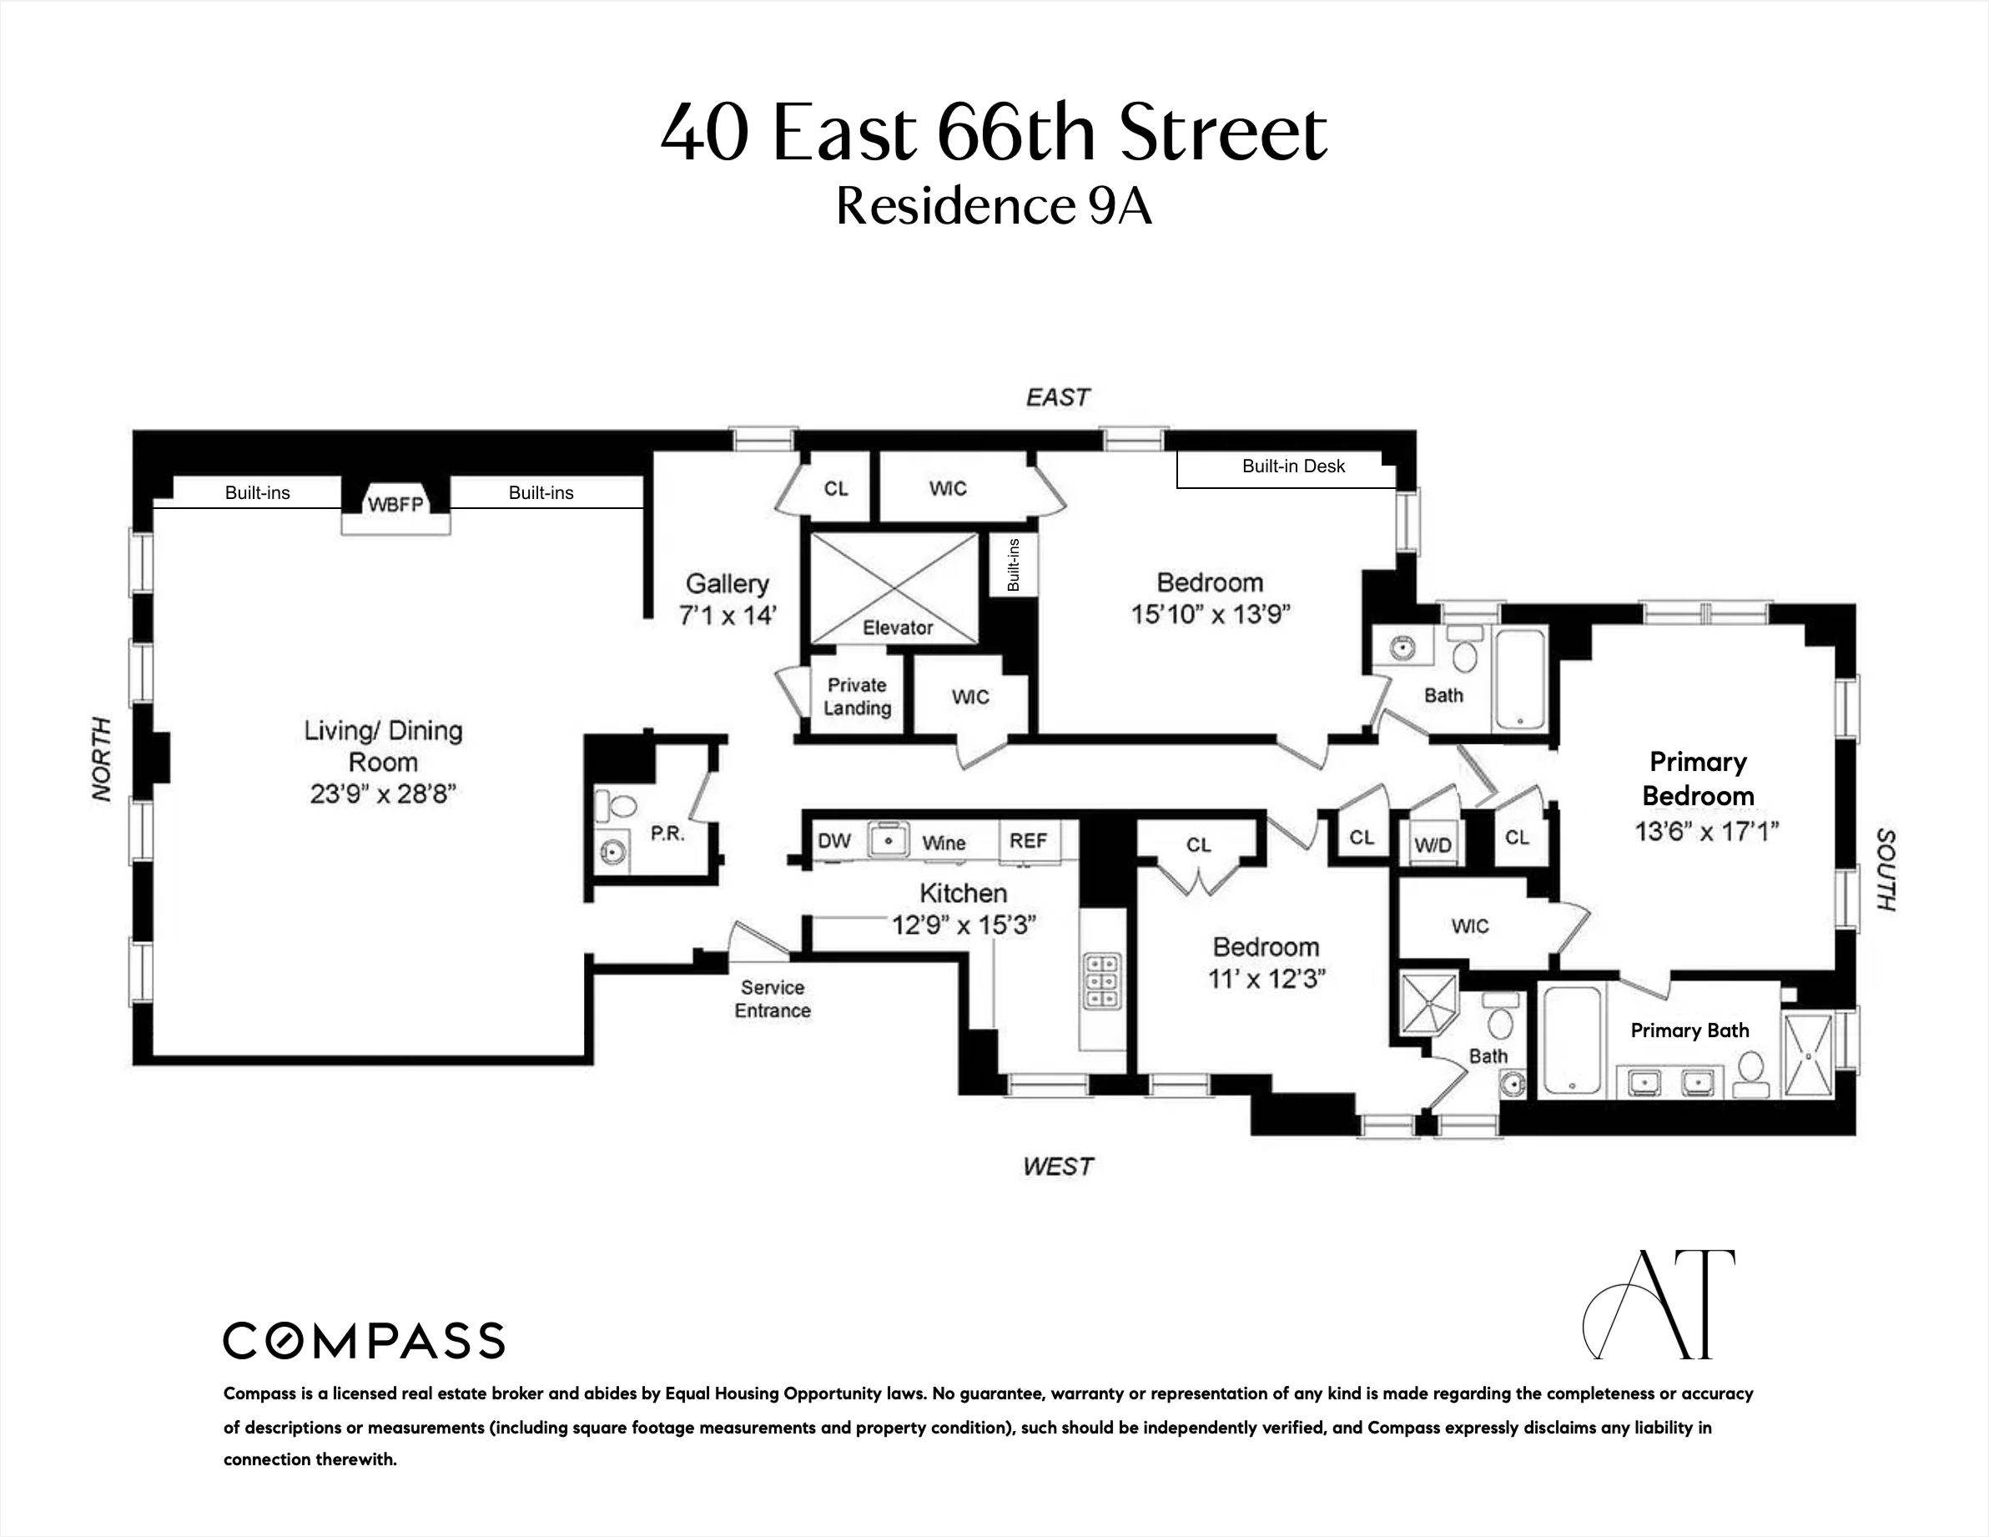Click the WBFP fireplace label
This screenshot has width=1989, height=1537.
[x=395, y=504]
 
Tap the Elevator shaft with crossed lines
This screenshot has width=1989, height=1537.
[x=894, y=587]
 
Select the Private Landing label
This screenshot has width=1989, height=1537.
[x=857, y=697]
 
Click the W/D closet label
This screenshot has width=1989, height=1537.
[x=1433, y=845]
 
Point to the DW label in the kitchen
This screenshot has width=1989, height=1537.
[x=833, y=841]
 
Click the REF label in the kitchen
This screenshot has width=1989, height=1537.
[x=1028, y=841]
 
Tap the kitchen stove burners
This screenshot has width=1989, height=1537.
[x=1102, y=981]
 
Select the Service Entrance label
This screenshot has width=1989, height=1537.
[x=773, y=1000]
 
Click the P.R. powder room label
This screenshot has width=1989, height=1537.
[x=667, y=834]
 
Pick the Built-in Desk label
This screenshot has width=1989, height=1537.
[x=1293, y=466]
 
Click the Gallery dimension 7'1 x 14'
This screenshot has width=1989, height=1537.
[x=727, y=616]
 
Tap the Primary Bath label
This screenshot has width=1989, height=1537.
[x=1689, y=1031]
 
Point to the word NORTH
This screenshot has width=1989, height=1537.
[x=102, y=759]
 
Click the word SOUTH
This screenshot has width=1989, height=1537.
[x=1886, y=869]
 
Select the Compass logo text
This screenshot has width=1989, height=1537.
[x=365, y=1341]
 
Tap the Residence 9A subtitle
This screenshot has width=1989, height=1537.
[x=994, y=206]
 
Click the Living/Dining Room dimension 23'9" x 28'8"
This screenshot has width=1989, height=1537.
[x=382, y=794]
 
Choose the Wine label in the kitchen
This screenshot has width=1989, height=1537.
[x=944, y=843]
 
